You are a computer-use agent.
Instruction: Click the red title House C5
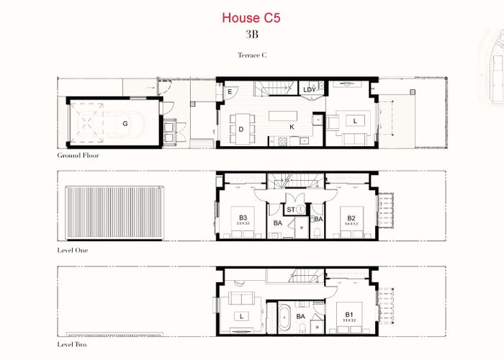pyautogui.click(x=252, y=17)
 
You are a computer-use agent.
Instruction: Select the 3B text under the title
pyautogui.click(x=252, y=33)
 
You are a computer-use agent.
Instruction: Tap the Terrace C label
pyautogui.click(x=252, y=55)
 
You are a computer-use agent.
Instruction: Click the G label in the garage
pyautogui.click(x=125, y=124)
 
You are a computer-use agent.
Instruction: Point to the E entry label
pyautogui.click(x=229, y=92)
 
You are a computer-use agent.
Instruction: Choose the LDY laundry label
pyautogui.click(x=309, y=90)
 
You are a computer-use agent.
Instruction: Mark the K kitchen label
pyautogui.click(x=292, y=127)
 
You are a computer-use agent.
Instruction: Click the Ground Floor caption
pyautogui.click(x=78, y=155)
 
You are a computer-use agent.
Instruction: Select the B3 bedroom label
pyautogui.click(x=243, y=217)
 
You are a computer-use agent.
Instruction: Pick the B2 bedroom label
pyautogui.click(x=351, y=217)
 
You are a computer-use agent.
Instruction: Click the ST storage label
pyautogui.click(x=290, y=210)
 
